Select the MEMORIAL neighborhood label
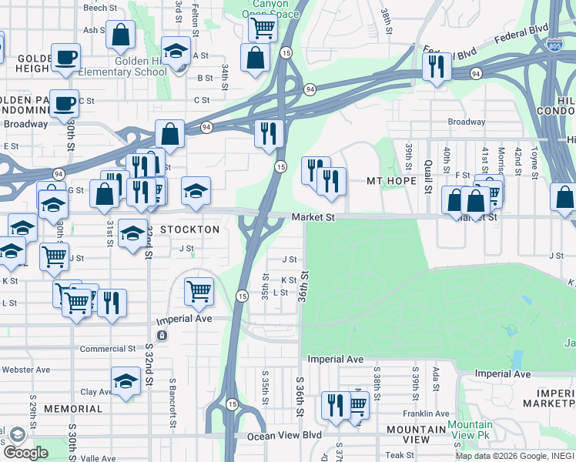pos(73,408)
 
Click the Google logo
pos(25,453)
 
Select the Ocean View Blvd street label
pos(284,436)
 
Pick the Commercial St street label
pos(108,349)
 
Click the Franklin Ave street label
pos(425,413)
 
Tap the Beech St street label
pos(99,8)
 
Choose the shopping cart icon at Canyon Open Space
pos(263,28)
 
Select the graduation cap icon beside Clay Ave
pos(126,380)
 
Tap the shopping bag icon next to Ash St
pos(121,35)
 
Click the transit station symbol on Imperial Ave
pos(162,335)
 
